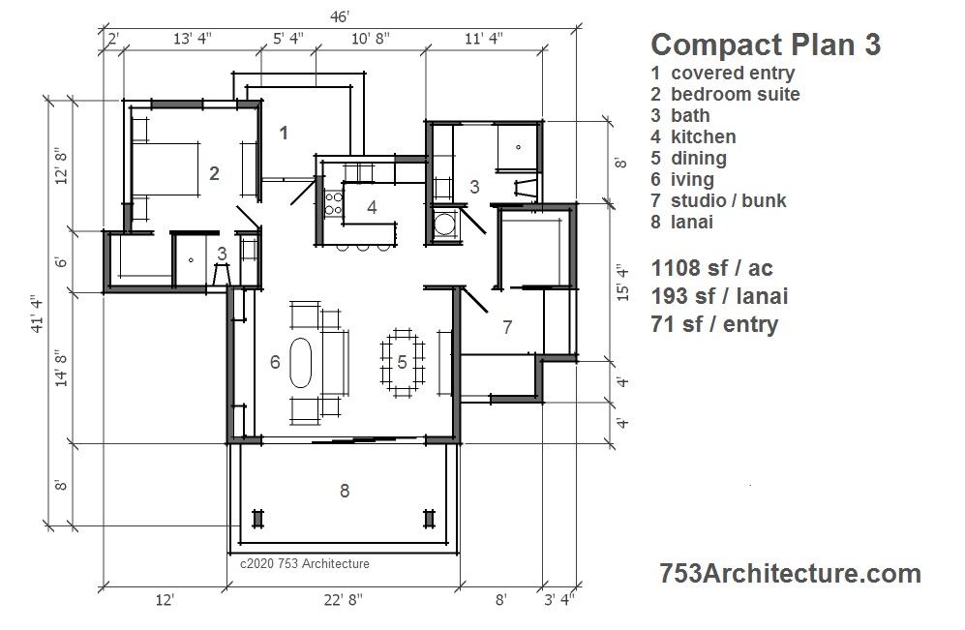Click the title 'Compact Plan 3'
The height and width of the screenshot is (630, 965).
pos(766,45)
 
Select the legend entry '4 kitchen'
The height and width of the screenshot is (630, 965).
pos(693,136)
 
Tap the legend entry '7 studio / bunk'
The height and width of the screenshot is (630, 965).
pos(718,200)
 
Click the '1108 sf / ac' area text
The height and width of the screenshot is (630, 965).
pos(711,268)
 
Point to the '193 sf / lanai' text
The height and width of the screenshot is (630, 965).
pos(719,296)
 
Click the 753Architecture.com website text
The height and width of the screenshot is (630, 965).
pos(790,574)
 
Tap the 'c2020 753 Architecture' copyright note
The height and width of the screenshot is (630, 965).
pos(305,563)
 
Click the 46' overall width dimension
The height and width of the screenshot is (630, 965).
pos(340,16)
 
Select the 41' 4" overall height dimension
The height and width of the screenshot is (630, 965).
pos(38,315)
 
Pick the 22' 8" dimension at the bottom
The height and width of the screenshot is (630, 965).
pos(344,599)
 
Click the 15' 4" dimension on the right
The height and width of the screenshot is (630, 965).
pos(622,283)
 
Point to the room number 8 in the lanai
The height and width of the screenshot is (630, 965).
pos(345,491)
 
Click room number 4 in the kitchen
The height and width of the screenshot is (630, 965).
pos(372,207)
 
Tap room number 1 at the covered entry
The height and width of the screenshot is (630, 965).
pos(284,133)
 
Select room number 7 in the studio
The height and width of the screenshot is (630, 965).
pos(507,327)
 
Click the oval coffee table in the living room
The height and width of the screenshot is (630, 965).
pos(301,362)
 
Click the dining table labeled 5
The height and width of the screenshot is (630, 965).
pos(403,362)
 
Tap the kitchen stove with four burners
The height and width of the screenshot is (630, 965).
pos(334,203)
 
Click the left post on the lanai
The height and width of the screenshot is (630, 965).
pos(257,519)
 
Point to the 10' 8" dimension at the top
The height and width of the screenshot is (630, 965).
pos(371,39)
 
